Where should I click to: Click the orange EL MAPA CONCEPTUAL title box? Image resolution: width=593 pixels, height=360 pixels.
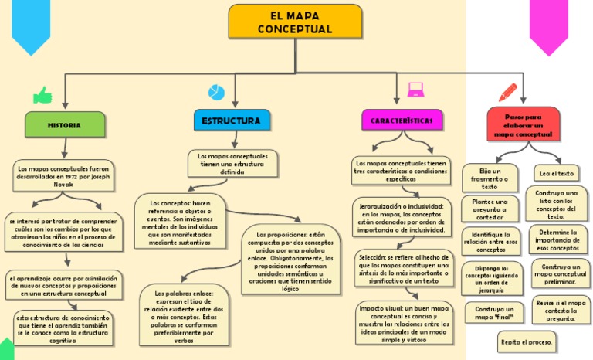(x=295, y=22)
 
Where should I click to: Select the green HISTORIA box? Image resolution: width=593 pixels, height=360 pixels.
(x=64, y=124)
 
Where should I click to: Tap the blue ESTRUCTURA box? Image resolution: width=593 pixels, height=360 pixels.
(x=231, y=121)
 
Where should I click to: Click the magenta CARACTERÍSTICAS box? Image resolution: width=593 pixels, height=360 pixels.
(x=402, y=121)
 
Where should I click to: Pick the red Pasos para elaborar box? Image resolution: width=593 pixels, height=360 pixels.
(x=523, y=124)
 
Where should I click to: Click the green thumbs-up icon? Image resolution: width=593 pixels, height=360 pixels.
(x=42, y=95)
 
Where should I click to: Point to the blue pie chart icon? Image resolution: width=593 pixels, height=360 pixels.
(x=216, y=93)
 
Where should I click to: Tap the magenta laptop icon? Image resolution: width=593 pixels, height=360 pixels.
(x=416, y=90)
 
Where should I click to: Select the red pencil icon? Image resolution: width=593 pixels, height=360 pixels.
(x=508, y=92)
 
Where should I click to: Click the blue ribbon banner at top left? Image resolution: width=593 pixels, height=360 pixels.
(x=32, y=27)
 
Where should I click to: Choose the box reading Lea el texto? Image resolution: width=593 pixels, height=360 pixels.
(x=556, y=173)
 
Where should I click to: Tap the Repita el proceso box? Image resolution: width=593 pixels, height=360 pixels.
(x=527, y=341)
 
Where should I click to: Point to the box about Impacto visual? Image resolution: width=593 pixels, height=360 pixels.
(x=403, y=323)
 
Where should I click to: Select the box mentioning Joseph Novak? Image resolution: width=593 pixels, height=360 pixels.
(x=64, y=176)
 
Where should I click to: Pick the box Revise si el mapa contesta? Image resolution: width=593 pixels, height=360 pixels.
(x=561, y=310)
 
